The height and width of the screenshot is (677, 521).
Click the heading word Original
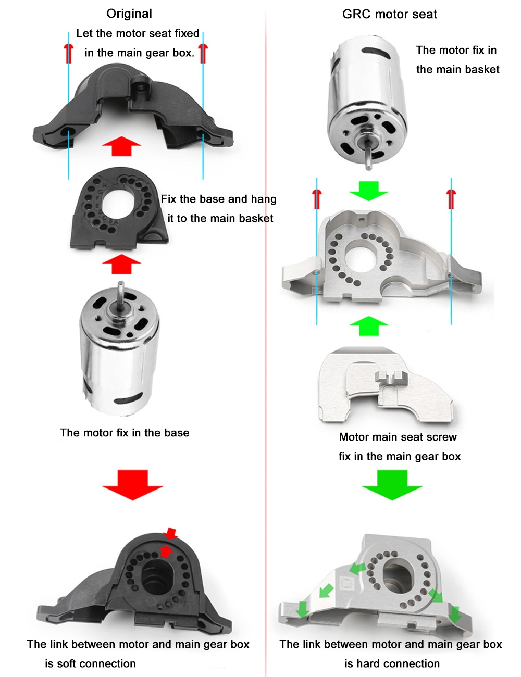[129, 14]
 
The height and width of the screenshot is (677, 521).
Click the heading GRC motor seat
[390, 15]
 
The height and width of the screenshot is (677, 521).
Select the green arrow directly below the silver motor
[369, 191]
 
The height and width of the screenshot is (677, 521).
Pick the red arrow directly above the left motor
[121, 264]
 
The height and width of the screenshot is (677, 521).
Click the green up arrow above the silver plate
[369, 326]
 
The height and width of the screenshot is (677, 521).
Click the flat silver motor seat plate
[384, 386]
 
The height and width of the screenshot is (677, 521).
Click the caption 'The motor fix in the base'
[125, 433]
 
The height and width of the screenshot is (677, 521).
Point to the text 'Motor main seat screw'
[398, 437]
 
